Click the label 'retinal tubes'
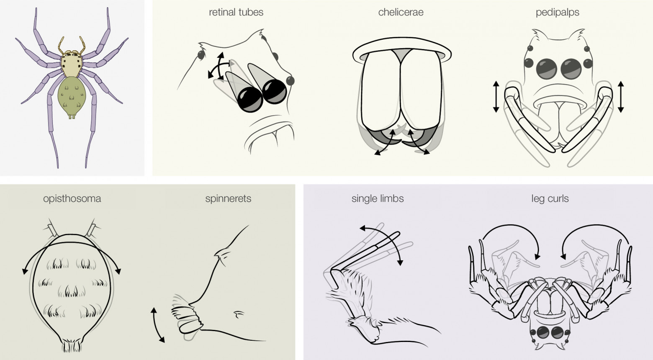point(236,12)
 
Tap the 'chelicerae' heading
point(401,12)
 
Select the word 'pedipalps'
point(558,13)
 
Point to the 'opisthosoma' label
point(72,199)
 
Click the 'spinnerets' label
point(228,199)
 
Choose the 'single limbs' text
point(378,199)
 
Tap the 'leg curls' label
point(550,199)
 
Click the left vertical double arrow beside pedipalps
point(496,97)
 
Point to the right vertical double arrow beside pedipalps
point(621,97)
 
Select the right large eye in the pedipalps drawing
point(571,69)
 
